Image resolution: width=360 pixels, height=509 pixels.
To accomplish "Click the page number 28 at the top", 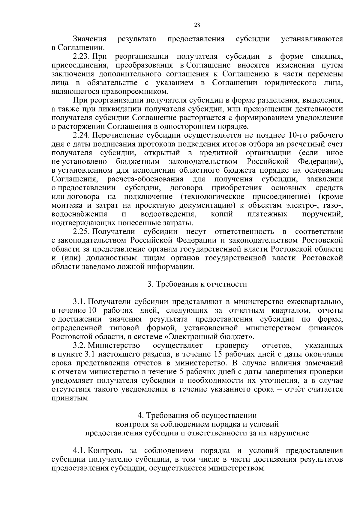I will (197, 25).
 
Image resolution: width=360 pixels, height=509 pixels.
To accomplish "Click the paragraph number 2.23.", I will (82, 56).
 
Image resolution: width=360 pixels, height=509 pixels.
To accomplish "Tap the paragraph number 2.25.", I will (82, 232).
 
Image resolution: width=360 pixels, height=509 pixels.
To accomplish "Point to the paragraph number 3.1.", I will (79, 302).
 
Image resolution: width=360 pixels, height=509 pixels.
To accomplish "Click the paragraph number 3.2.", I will (79, 346).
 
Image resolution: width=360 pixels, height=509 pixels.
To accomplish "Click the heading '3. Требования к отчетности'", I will (197, 284).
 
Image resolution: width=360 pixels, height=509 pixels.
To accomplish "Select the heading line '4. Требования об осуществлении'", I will (197, 415).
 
